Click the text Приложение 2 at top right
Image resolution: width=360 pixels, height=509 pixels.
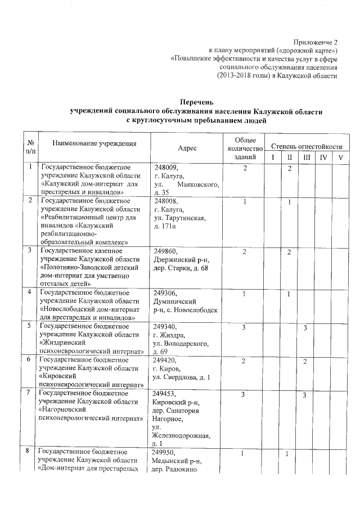point(316,42)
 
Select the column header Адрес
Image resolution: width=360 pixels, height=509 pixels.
point(187,148)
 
